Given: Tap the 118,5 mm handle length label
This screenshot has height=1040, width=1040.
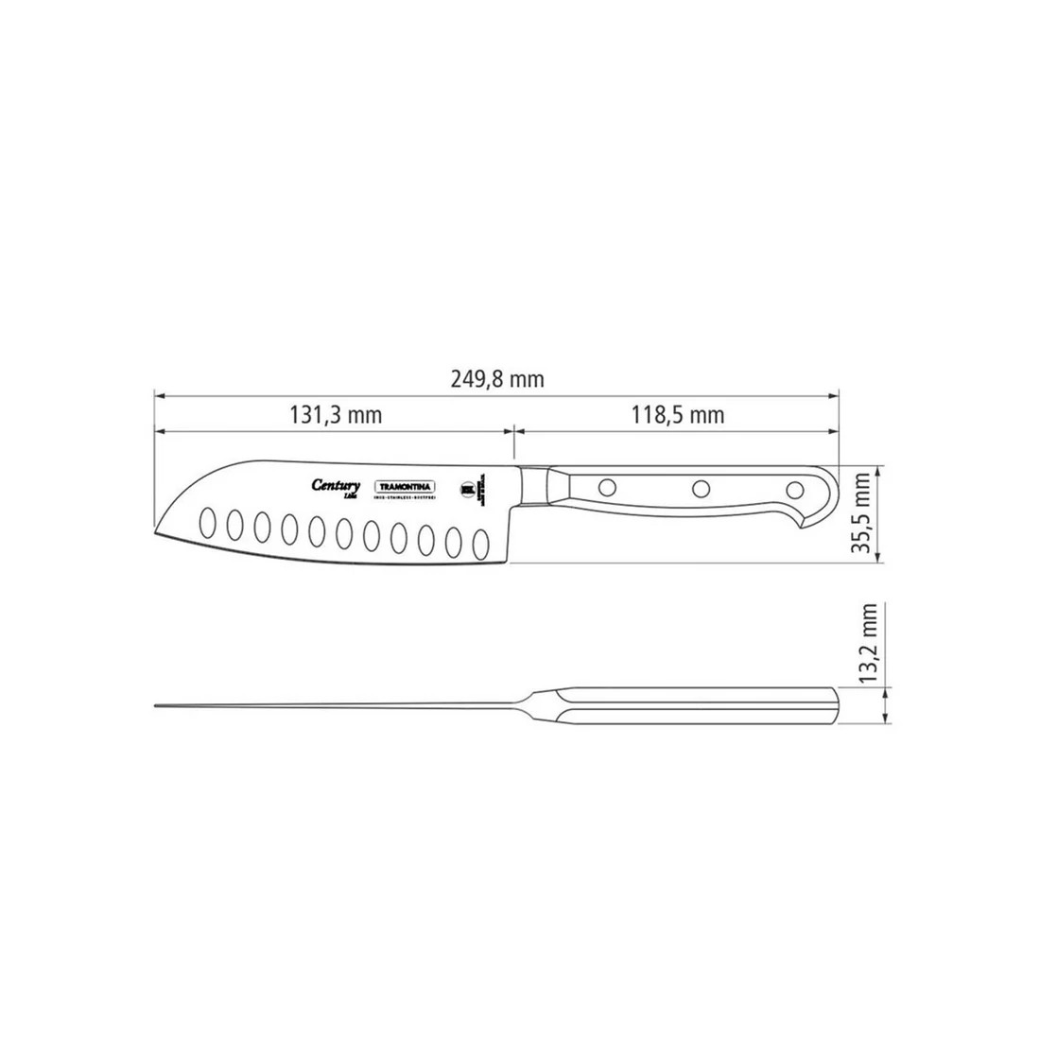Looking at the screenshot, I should (678, 415).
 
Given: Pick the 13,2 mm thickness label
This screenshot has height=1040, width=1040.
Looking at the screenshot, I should (871, 644).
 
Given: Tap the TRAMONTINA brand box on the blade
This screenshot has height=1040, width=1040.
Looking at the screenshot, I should (407, 486).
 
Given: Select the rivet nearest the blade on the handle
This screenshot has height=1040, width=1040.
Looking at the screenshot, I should (607, 489).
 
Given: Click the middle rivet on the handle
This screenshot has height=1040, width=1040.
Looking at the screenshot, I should (701, 489).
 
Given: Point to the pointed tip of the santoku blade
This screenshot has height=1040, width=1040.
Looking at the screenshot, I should (155, 534).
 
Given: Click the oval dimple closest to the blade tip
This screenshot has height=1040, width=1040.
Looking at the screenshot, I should (206, 522).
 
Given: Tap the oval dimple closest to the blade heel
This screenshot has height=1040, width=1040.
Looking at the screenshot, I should (480, 544).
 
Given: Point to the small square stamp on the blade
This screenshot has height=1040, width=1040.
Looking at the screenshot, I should (465, 488).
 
